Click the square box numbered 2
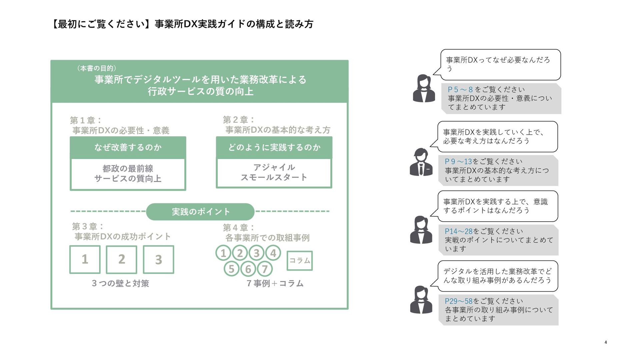(x=121, y=259)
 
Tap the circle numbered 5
(x=231, y=269)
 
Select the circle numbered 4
(x=273, y=253)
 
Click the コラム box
(x=300, y=260)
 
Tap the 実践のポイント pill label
(x=200, y=212)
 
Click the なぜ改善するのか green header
(x=128, y=147)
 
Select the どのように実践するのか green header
(x=274, y=147)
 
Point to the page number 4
(x=605, y=342)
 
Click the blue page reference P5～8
(x=460, y=90)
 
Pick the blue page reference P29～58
(x=458, y=301)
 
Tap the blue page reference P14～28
(x=458, y=231)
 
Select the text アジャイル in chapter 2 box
(x=274, y=167)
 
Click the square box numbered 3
(x=158, y=259)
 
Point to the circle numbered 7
(x=265, y=269)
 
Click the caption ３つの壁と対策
(x=120, y=283)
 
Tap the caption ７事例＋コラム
(x=275, y=283)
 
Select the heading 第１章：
(x=86, y=120)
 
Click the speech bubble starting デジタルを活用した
(x=498, y=276)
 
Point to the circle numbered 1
(x=223, y=253)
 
